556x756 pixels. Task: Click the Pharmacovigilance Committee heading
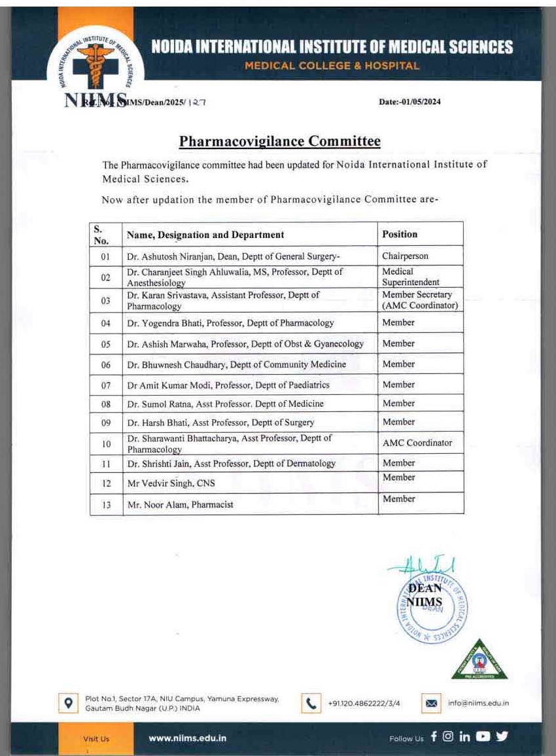click(x=280, y=141)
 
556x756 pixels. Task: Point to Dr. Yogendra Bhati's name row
click(x=230, y=323)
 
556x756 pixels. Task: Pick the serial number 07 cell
click(x=106, y=385)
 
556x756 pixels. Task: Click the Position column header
click(x=400, y=234)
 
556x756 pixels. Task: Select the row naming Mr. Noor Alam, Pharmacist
click(x=180, y=505)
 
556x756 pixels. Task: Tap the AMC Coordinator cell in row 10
click(x=417, y=443)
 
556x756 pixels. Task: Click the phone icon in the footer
click(x=311, y=704)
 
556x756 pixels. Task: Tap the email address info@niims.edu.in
click(x=478, y=704)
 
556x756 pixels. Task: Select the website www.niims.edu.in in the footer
click(x=188, y=738)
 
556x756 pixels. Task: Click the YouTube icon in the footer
click(x=483, y=737)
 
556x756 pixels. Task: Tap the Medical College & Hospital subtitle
click(x=332, y=65)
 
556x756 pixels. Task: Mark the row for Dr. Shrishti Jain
click(x=231, y=464)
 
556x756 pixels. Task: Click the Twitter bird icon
click(x=502, y=737)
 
